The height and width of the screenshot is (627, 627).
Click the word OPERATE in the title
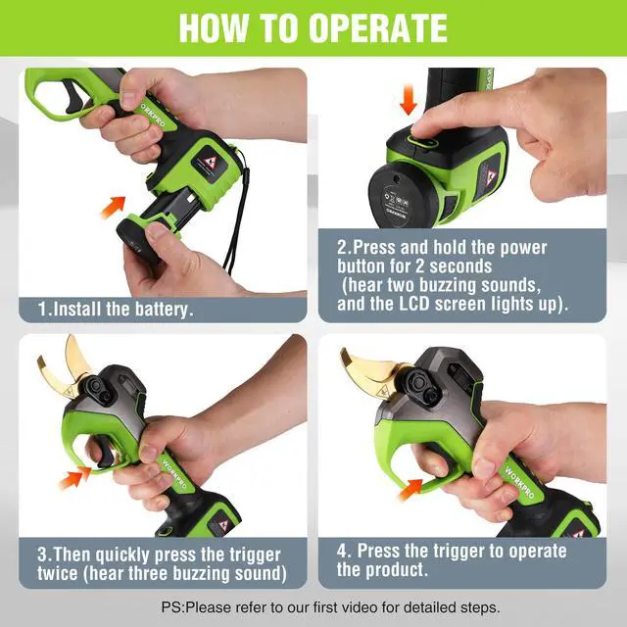pyautogui.click(x=378, y=27)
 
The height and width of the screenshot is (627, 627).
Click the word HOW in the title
pyautogui.click(x=214, y=27)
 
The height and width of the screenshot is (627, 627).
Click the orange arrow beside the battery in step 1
pyautogui.click(x=113, y=207)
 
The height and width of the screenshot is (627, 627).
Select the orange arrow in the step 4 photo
pyautogui.click(x=410, y=489)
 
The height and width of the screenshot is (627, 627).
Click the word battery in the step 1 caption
pyautogui.click(x=164, y=310)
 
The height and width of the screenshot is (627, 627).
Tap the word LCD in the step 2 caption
pyautogui.click(x=414, y=304)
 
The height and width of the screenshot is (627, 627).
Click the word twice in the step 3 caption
pyautogui.click(x=58, y=573)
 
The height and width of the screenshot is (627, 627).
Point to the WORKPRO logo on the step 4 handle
pyautogui.click(x=519, y=481)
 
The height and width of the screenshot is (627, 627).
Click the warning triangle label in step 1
pyautogui.click(x=209, y=164)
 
